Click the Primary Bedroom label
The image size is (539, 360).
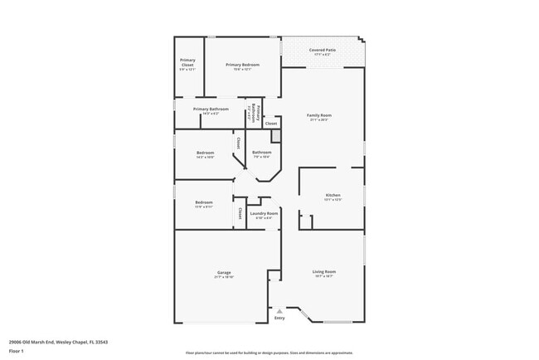[x=242, y=65]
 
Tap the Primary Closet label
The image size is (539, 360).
[x=187, y=62]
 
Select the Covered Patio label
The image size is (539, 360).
[x=323, y=50]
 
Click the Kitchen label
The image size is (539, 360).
[x=332, y=195]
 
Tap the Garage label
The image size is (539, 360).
[x=224, y=272]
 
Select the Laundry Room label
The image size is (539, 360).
[x=264, y=213]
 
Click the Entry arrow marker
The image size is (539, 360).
[x=279, y=311]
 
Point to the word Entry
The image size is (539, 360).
[x=279, y=317]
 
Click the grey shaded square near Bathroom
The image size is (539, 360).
[x=276, y=134]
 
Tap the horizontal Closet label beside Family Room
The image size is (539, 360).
[x=271, y=124]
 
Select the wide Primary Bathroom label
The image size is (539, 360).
[x=211, y=109]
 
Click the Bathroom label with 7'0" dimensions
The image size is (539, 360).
[x=262, y=152]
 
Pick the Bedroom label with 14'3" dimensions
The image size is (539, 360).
[x=205, y=153]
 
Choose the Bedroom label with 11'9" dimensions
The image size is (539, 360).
[x=203, y=202]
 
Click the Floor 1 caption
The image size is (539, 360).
[x=16, y=352]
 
